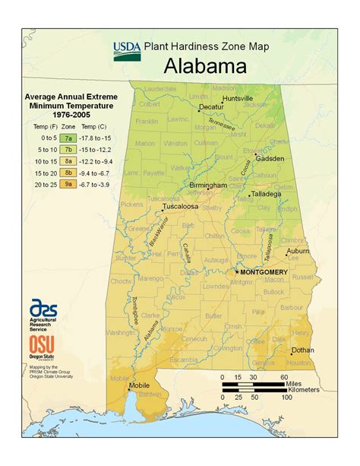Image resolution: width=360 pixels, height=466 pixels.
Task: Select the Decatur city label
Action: (210, 108)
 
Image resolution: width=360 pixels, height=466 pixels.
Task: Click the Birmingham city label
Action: (207, 185)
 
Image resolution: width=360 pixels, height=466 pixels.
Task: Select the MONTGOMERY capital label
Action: (264, 272)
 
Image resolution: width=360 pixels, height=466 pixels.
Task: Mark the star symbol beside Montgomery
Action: (236, 271)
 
